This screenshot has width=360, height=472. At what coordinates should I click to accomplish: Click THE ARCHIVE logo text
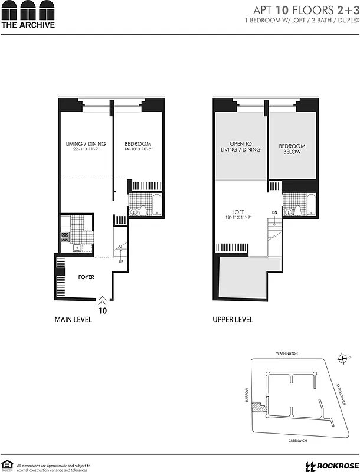click(x=28, y=25)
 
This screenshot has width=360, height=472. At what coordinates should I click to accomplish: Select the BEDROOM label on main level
click(x=138, y=145)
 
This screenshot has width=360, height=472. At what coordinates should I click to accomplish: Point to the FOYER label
click(x=86, y=277)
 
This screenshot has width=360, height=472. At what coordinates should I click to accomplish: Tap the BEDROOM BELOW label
click(x=292, y=149)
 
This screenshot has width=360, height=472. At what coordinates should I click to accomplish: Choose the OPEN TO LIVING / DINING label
click(x=241, y=146)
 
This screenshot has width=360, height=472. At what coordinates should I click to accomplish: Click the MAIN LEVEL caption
click(x=73, y=320)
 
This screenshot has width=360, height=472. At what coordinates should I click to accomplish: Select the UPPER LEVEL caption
click(x=233, y=320)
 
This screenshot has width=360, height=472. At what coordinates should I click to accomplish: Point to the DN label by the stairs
click(x=274, y=212)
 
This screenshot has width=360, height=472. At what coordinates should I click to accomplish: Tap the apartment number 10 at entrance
click(x=103, y=309)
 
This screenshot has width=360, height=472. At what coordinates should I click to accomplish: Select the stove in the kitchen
click(x=65, y=237)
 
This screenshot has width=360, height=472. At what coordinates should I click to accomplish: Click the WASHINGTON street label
click(x=287, y=353)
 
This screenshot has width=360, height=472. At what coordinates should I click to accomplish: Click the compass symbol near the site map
click(x=342, y=358)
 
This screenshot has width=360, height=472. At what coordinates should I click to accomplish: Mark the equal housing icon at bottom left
click(x=7, y=465)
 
